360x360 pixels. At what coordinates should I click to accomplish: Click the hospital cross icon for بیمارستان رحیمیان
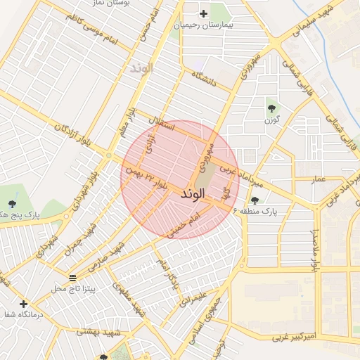click(x=203, y=13)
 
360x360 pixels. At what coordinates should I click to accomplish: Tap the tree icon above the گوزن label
click(x=271, y=108)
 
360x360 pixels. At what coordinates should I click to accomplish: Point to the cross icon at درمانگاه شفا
click(x=24, y=304)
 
